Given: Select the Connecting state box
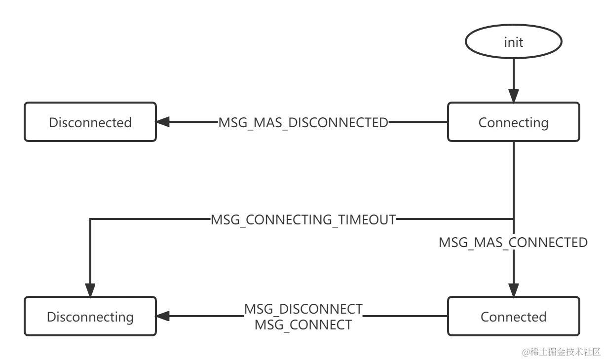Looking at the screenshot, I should (513, 122).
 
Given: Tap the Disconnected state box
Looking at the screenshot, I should (90, 122).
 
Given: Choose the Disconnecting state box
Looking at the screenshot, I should (90, 317).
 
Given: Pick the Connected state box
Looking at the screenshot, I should (513, 317).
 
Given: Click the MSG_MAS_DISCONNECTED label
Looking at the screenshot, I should (303, 122).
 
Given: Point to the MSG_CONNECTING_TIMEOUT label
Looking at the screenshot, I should (303, 219).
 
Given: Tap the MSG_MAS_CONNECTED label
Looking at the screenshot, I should (513, 243).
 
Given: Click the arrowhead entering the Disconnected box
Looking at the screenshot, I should (164, 122).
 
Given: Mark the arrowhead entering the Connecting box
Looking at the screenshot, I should (513, 94).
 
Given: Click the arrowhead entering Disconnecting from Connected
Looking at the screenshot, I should (164, 317).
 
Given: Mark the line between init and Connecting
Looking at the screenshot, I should (513, 74).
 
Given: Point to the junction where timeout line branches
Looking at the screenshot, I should (513, 219).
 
